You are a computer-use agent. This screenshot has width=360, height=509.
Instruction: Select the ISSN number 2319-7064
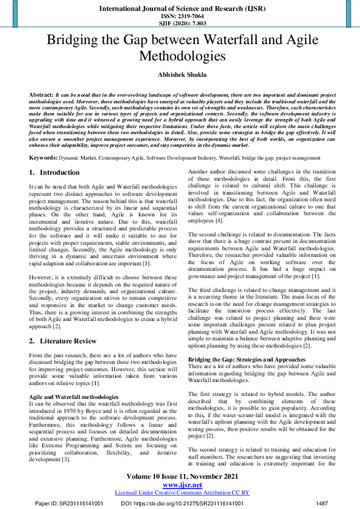[180, 16]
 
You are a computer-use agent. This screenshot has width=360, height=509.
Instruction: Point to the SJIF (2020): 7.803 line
[180, 23]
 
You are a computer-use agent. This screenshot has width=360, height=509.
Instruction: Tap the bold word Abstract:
[41, 96]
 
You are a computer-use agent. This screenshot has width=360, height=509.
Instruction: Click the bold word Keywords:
[44, 157]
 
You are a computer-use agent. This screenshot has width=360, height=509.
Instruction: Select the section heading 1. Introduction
[54, 172]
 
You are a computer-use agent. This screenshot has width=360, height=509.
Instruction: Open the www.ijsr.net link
[180, 485]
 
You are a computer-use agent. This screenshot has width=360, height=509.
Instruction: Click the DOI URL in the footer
[194, 503]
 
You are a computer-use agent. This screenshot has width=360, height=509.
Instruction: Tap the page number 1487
[321, 503]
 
